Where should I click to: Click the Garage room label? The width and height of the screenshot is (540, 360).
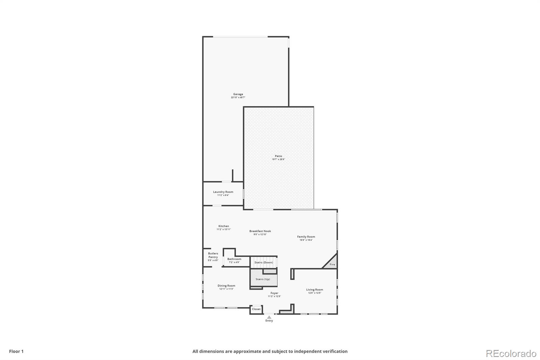click(238, 94)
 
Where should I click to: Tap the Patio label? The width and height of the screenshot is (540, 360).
click(278, 156)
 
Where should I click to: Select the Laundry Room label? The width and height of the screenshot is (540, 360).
click(223, 192)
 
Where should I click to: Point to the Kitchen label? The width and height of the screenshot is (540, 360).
click(223, 226)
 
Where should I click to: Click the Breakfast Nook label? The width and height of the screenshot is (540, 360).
click(260, 231)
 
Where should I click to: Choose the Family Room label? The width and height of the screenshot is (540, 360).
click(306, 237)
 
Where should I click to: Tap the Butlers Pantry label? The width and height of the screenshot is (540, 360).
click(213, 255)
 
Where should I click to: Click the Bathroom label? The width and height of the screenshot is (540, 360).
click(234, 259)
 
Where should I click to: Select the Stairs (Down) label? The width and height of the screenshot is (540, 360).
click(264, 262)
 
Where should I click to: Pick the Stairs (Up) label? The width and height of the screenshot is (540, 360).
click(263, 279)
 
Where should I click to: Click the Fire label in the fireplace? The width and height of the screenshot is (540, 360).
click(332, 264)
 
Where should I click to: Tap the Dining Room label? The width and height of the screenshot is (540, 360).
click(226, 286)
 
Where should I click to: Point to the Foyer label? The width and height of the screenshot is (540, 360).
click(274, 293)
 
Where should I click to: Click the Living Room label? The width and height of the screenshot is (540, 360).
click(314, 290)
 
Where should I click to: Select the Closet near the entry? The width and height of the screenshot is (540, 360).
click(256, 309)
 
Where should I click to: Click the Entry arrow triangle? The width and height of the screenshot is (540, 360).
click(269, 317)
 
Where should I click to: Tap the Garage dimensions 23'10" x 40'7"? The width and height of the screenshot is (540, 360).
click(238, 98)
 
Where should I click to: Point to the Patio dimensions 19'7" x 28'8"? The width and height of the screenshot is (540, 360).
click(278, 159)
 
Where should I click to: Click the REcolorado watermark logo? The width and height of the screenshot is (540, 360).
click(511, 354)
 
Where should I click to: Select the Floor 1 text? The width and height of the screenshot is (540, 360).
click(16, 351)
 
